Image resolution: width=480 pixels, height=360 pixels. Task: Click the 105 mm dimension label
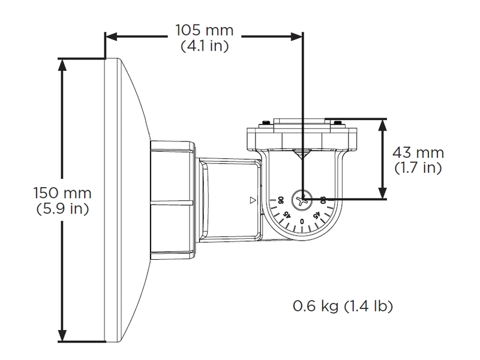tap(203, 29)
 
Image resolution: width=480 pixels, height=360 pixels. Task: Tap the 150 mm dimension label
tap(63, 194)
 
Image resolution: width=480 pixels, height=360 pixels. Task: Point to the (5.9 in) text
tap(63, 209)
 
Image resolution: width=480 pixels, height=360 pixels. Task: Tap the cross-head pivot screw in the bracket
tap(302, 199)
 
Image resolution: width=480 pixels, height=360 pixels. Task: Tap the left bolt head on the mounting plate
tap(263, 125)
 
